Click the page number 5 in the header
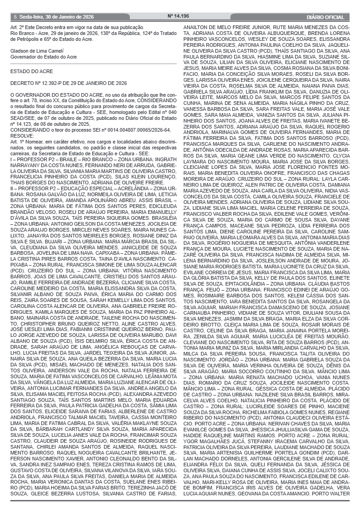15,17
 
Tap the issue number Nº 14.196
178,17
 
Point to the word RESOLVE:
22,135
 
